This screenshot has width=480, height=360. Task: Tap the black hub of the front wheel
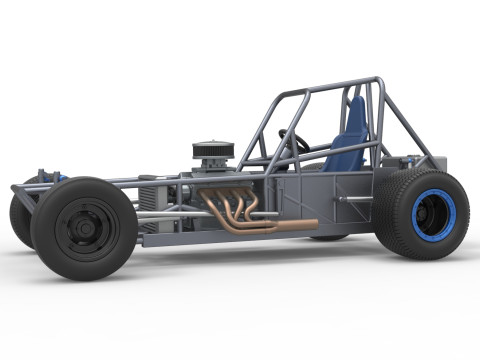point(83,227)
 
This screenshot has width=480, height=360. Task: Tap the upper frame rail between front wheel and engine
point(150,180)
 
